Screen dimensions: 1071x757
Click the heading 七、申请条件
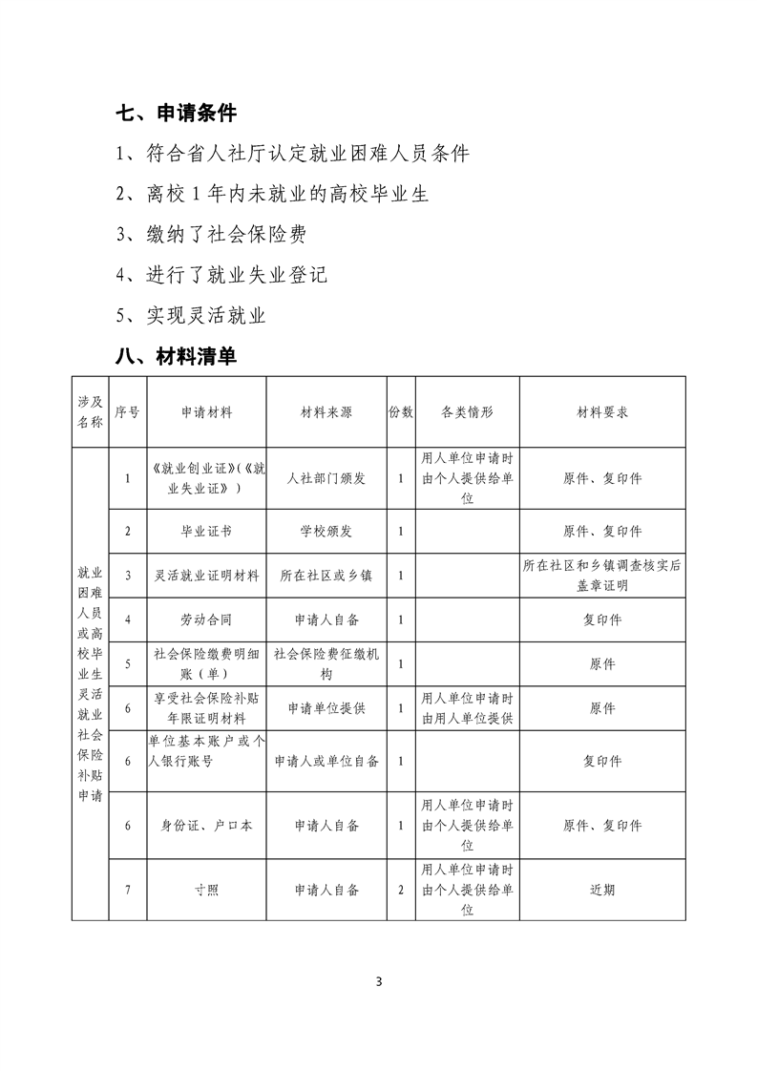176,114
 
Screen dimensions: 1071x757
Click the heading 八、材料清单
176,357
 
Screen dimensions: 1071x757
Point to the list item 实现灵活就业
191,316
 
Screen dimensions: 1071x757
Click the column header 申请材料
207,412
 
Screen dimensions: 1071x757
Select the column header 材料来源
326,412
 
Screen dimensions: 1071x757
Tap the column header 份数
401,412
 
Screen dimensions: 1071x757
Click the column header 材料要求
602,412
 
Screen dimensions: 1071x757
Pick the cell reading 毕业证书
207,532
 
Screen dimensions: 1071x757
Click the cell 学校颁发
326,532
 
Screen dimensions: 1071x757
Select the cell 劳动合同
207,619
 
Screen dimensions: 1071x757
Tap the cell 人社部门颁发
326,478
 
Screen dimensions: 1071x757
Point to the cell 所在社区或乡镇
326,576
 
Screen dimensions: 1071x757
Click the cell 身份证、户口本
207,826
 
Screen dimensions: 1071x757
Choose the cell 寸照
207,890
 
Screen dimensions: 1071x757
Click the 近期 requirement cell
602,890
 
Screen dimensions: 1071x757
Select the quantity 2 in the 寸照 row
401,890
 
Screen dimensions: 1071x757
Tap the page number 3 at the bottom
379,981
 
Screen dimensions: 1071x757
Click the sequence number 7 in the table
127,890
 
